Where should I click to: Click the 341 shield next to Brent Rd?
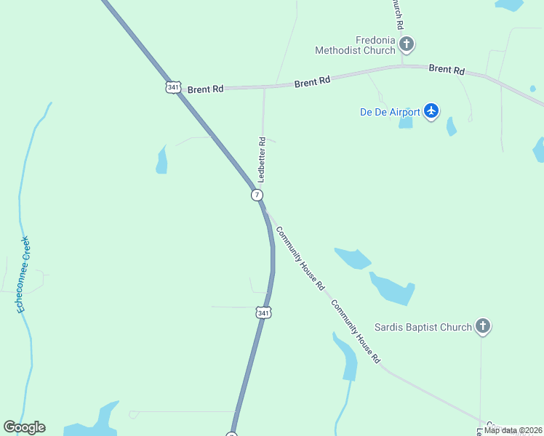(172, 87)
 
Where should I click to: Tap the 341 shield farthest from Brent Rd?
(264, 312)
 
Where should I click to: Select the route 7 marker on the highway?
(257, 195)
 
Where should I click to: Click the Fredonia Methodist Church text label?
(355, 45)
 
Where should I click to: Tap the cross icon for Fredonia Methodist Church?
(407, 45)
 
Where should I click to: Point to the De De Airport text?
(390, 112)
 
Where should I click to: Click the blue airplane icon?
(432, 111)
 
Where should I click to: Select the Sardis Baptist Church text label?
(423, 327)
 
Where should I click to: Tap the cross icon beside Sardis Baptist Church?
(483, 326)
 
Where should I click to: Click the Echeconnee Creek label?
(24, 275)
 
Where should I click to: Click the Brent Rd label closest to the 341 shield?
(205, 89)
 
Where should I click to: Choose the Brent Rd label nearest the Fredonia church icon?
(447, 70)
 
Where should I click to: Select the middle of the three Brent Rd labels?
(313, 82)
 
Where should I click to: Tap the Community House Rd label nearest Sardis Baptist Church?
(356, 331)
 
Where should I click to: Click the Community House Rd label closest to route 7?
(300, 259)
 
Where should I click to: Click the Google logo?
(24, 427)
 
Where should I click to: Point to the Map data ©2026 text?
(512, 430)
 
